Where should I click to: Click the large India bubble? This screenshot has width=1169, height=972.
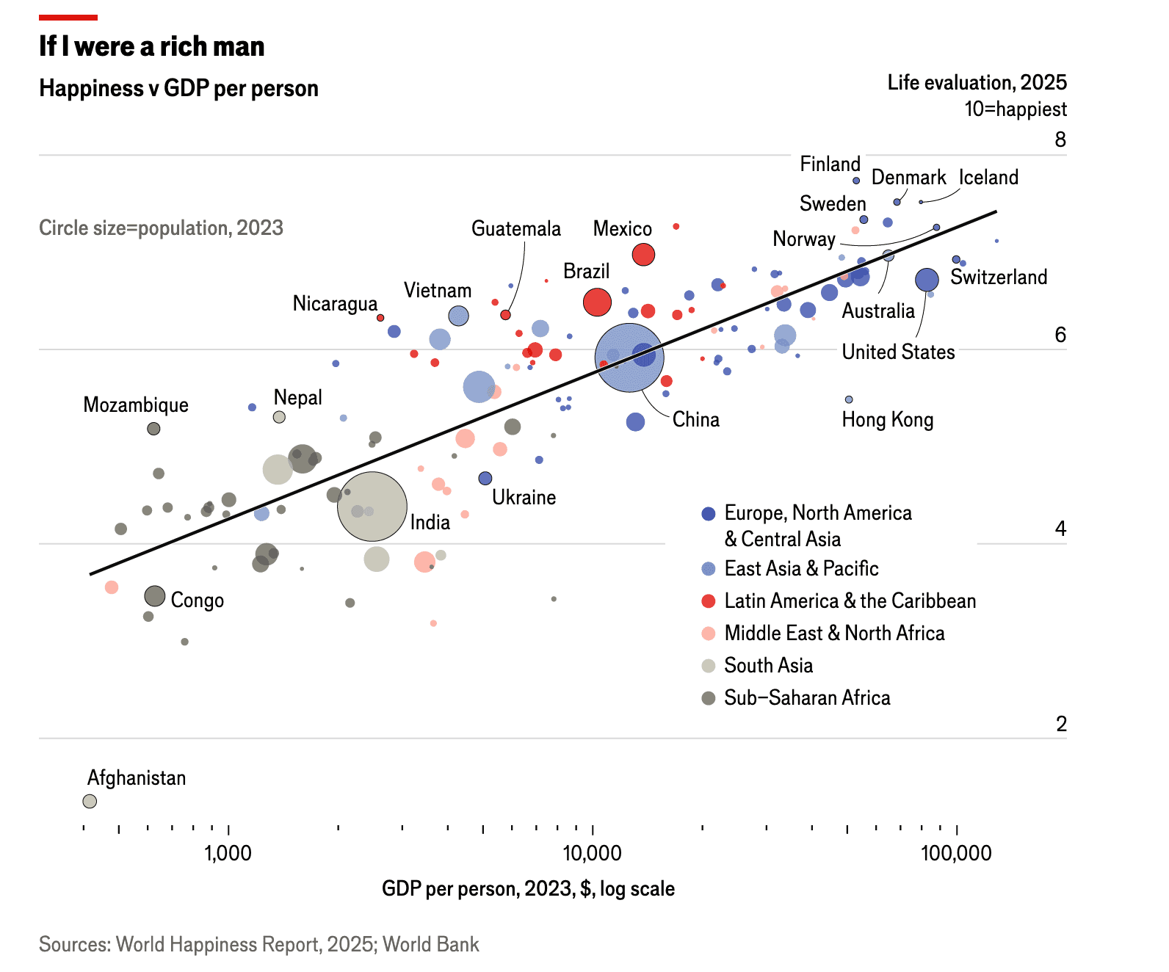(372, 507)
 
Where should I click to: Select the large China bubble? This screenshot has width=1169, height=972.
(629, 358)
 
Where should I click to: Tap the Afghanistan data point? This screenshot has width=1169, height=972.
(90, 801)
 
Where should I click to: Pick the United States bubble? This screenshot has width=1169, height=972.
(927, 280)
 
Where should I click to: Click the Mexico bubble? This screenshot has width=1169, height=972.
(643, 255)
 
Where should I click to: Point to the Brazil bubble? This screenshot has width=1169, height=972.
(597, 302)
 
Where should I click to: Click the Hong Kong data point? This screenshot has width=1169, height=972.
(849, 399)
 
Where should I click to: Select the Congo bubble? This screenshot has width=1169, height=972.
(154, 596)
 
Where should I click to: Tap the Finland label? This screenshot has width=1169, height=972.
(830, 164)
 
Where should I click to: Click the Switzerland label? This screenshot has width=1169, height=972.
(999, 277)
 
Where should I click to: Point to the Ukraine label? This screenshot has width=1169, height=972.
(524, 497)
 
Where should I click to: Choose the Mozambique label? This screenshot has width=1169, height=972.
(136, 405)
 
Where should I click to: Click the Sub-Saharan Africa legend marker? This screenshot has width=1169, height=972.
(709, 697)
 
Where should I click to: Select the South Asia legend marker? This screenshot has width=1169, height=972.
(709, 666)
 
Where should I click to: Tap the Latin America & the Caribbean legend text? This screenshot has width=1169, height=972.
(850, 601)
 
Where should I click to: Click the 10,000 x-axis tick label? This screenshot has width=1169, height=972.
(592, 853)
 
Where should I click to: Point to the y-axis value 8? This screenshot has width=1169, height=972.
(1060, 139)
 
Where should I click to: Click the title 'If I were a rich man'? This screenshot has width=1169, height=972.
(152, 46)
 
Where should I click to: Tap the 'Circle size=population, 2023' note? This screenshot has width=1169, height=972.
(161, 228)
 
